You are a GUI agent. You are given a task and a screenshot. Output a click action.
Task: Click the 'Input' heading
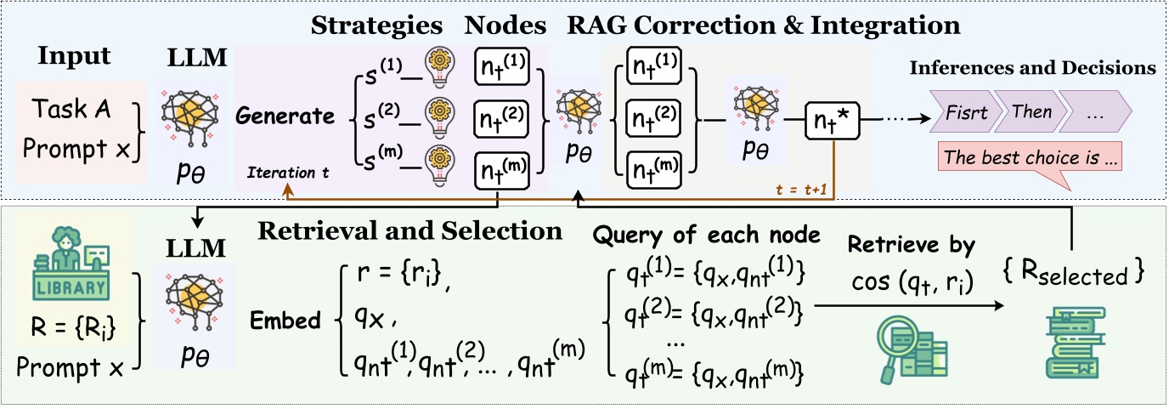tap(74, 57)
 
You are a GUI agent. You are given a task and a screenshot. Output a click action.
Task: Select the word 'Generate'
tap(285, 116)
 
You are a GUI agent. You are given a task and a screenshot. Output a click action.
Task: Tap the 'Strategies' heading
tap(377, 26)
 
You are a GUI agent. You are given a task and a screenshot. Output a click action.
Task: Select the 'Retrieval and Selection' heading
tap(410, 230)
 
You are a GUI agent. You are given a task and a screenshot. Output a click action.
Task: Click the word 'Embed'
tap(285, 322)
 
